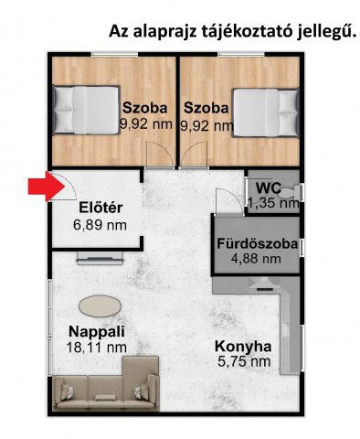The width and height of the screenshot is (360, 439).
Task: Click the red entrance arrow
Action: (x=47, y=187)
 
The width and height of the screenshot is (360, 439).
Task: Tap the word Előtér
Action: (x=101, y=208)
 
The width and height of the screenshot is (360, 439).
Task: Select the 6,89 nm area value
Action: (x=100, y=225)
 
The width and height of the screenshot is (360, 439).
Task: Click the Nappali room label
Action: (x=97, y=331)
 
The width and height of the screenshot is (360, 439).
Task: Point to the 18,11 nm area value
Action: (x=96, y=348)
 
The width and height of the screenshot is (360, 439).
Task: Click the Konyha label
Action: (x=243, y=347)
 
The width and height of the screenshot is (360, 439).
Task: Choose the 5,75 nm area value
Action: (x=244, y=361)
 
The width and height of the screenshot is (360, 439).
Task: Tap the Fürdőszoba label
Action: (x=258, y=244)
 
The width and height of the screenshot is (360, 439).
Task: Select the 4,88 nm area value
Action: (x=256, y=259)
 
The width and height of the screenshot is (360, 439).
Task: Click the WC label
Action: (x=269, y=187)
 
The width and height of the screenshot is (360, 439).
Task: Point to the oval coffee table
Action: (x=100, y=306)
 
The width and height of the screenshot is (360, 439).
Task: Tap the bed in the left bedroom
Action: (x=86, y=110)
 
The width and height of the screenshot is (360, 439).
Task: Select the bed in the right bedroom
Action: (x=266, y=112)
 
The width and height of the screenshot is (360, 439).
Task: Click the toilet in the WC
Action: (x=291, y=192)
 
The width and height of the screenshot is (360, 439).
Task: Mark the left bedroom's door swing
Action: (x=161, y=155)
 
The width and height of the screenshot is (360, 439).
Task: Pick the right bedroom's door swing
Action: (x=194, y=155)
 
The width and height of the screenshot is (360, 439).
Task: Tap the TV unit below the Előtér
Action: (x=101, y=258)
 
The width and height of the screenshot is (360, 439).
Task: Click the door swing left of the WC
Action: (x=230, y=201)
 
